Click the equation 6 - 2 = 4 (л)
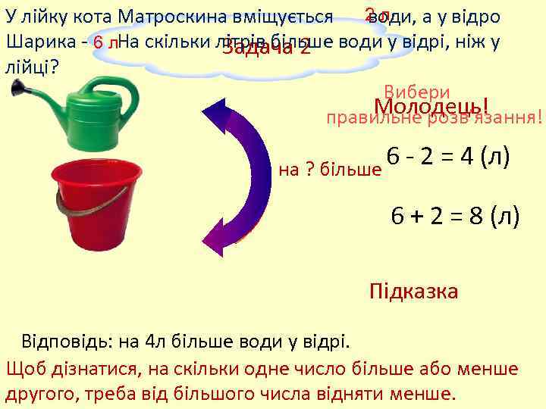tap(447, 157)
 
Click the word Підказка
tap(413, 292)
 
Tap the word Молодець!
tap(431, 107)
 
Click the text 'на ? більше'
tap(330, 169)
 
